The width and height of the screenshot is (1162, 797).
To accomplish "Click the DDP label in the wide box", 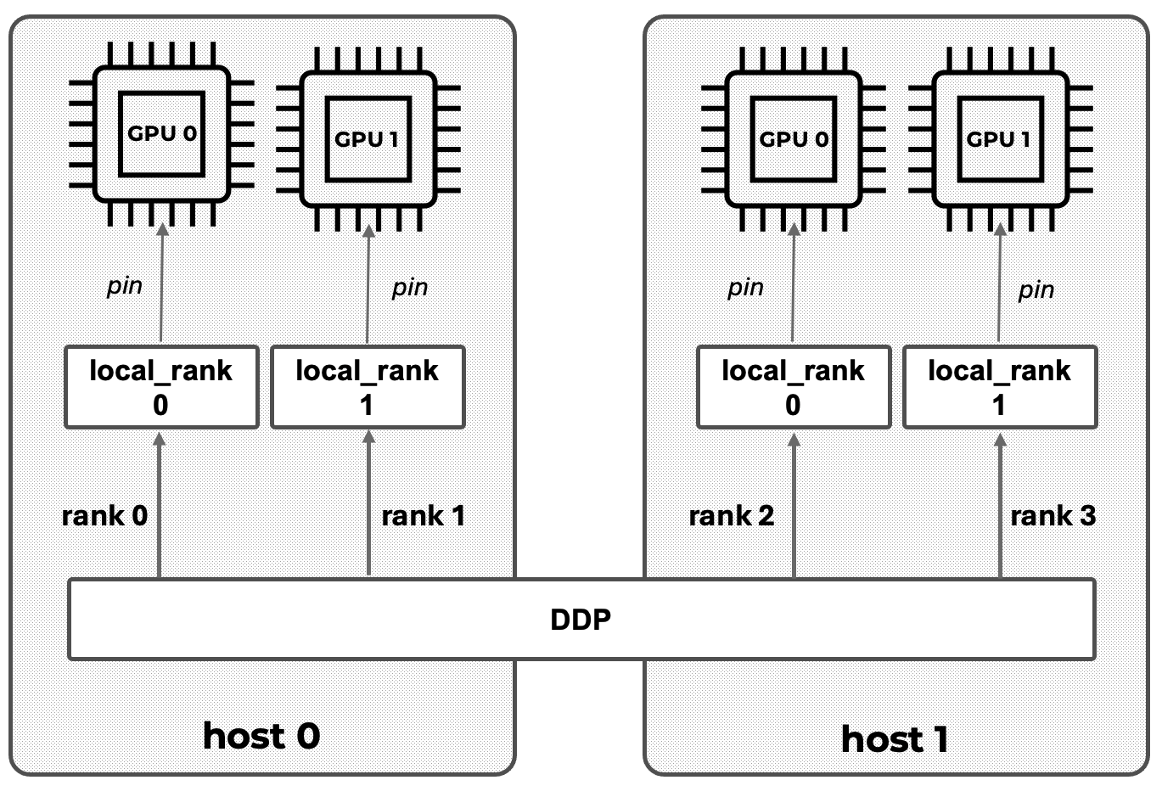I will [x=581, y=620].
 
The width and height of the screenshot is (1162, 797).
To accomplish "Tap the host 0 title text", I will [x=261, y=735].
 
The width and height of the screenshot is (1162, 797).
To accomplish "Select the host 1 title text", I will [x=894, y=739].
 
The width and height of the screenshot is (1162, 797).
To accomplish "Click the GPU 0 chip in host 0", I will [x=161, y=134].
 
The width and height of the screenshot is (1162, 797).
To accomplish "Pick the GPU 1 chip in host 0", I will [x=368, y=139].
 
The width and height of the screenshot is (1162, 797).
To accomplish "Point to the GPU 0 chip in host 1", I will [x=793, y=139].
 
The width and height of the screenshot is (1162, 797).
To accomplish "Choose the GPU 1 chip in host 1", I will [x=999, y=139].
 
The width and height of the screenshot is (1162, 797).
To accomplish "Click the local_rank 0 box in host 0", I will [x=161, y=386].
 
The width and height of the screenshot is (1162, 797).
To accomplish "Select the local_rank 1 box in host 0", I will [x=368, y=386].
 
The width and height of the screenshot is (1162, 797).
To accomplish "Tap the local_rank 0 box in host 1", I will [x=793, y=386].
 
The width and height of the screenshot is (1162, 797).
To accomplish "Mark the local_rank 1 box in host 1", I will [x=999, y=386].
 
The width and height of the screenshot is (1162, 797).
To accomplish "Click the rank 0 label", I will [x=104, y=515].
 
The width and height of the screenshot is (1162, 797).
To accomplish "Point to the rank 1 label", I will [x=423, y=515].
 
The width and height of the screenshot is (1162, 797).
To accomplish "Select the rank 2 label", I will [x=731, y=515].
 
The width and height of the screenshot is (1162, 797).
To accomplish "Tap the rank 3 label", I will [x=1053, y=515].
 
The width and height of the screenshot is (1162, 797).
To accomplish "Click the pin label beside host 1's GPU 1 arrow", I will [x=1036, y=290].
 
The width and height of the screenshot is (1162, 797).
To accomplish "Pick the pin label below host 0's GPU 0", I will [x=125, y=285].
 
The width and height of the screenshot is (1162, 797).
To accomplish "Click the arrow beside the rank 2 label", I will [x=794, y=505].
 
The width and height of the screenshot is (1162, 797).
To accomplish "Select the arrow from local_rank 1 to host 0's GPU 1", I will [x=368, y=284].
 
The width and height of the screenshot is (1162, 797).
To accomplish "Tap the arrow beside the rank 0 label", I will [x=159, y=505].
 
